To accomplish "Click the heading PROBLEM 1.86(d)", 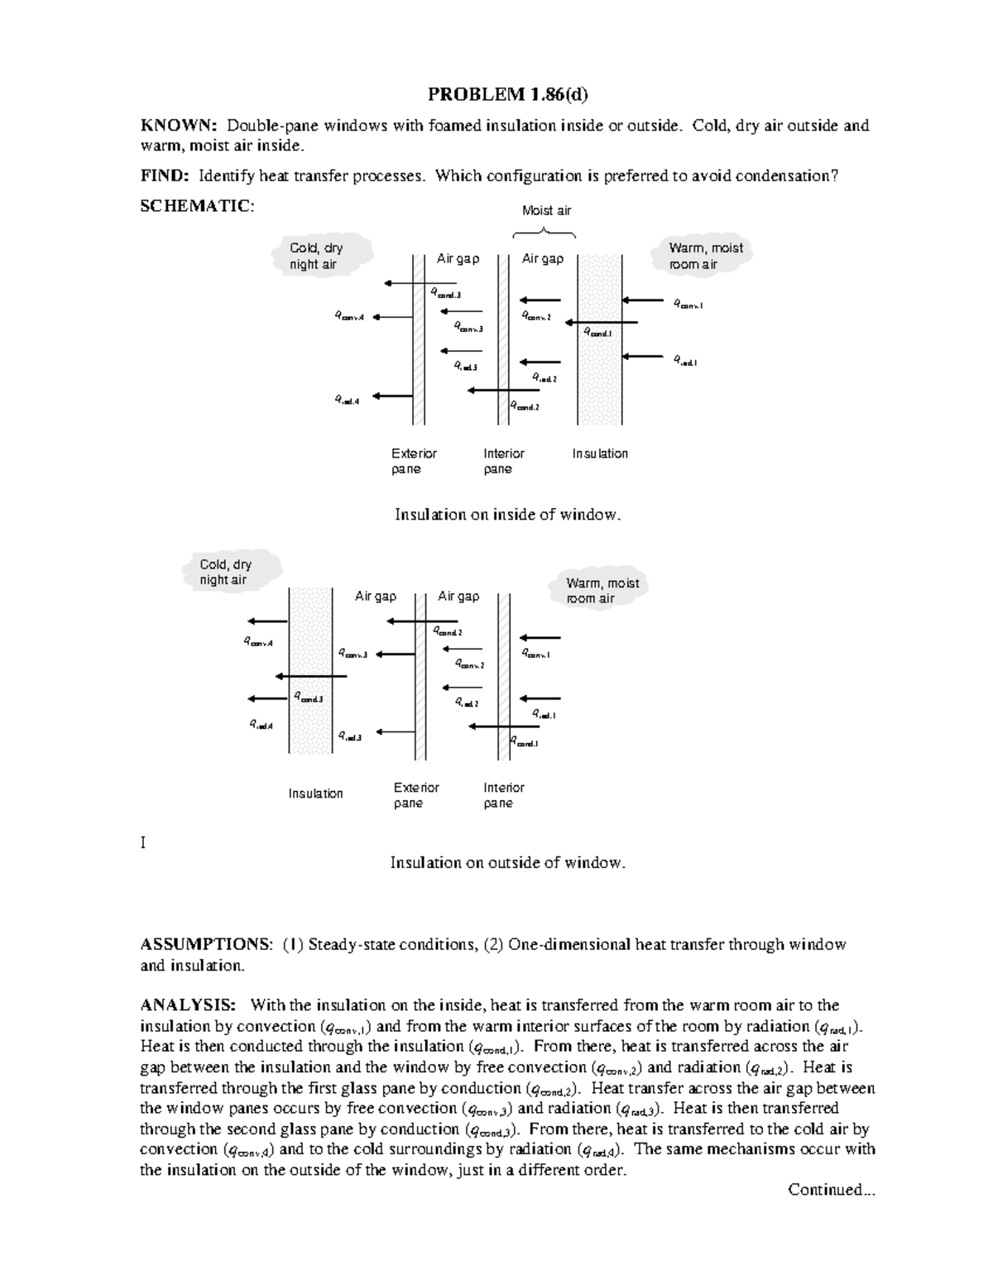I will coord(507,94).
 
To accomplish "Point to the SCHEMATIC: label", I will coord(197,206).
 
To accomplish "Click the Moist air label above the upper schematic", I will coord(546,210).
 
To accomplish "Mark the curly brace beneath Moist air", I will coord(545,232).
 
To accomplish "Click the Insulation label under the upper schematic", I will coord(600,453).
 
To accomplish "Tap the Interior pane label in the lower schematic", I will coord(503,795).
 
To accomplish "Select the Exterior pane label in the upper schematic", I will coord(413,461).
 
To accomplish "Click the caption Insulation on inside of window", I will coord(507,515).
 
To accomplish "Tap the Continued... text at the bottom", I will coord(831,1190).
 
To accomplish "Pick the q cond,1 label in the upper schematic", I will coord(598,333).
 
